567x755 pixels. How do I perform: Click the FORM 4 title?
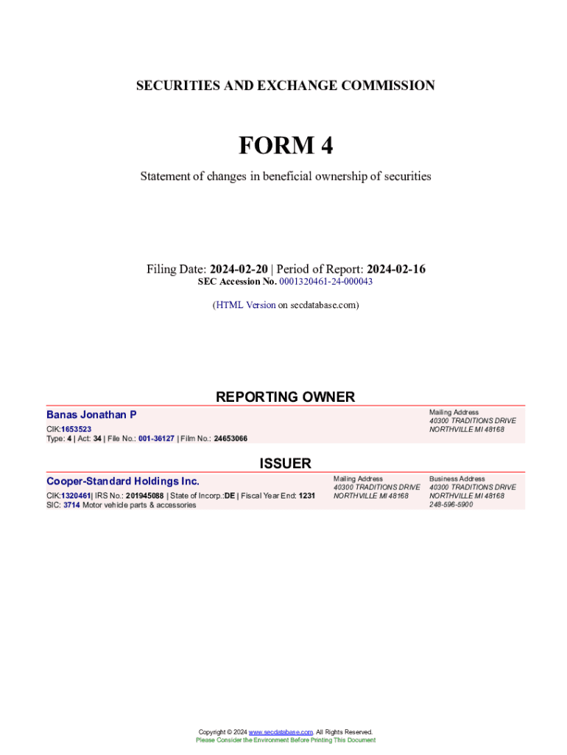pos(285,146)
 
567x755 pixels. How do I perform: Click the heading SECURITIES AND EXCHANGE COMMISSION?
pos(285,86)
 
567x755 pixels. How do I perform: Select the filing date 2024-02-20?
pos(240,269)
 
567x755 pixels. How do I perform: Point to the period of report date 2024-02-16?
pos(396,269)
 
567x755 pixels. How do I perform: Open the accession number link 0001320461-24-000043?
pos(325,282)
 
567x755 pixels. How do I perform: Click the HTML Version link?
pos(244,305)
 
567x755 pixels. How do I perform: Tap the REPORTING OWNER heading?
pos(285,397)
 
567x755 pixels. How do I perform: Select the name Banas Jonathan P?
pos(91,415)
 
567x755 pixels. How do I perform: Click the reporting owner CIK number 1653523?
pos(76,428)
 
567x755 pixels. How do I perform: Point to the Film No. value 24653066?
pos(230,439)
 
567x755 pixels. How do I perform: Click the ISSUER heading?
pos(285,463)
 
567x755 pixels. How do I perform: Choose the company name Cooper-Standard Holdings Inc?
pos(123,481)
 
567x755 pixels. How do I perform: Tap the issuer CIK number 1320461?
pos(75,495)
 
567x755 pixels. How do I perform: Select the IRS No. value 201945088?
pos(144,495)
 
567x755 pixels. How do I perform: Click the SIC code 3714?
pos(71,505)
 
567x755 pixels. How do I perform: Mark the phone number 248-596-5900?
pos(451,505)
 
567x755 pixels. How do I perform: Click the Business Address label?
pos(457,479)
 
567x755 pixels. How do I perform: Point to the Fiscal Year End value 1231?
pos(306,495)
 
